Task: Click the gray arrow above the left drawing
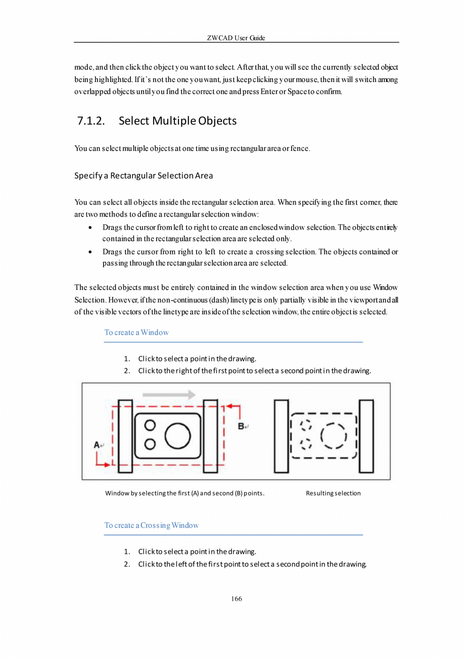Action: (x=169, y=394)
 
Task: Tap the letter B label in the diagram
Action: (x=241, y=426)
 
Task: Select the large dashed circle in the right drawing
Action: (x=332, y=435)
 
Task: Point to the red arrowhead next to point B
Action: (x=229, y=406)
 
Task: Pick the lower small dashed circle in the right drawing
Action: (x=305, y=444)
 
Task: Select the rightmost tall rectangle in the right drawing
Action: (x=366, y=436)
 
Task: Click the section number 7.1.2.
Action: (x=91, y=121)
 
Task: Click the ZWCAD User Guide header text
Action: (x=236, y=38)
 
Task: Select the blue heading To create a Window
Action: (x=136, y=333)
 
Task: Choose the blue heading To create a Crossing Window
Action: (x=151, y=525)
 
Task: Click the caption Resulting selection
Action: (x=333, y=493)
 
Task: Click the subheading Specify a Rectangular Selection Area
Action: (x=144, y=176)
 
